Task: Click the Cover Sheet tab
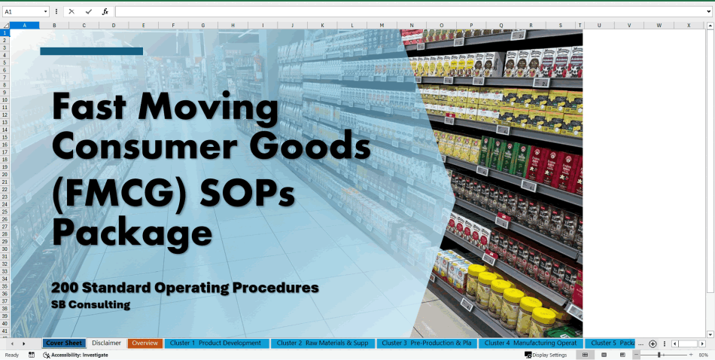click(64, 343)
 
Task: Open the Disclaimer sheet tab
click(106, 343)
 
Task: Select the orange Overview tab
click(145, 343)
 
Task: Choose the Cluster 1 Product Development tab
click(215, 343)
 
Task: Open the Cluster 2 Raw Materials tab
click(322, 343)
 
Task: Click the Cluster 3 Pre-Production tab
click(426, 343)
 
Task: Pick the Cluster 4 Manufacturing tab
click(530, 343)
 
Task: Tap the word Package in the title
click(132, 231)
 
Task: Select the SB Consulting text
click(90, 305)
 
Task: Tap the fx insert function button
click(105, 12)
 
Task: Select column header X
click(688, 26)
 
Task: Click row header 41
click(5, 331)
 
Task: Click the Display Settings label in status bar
click(549, 355)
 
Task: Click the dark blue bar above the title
click(91, 51)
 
